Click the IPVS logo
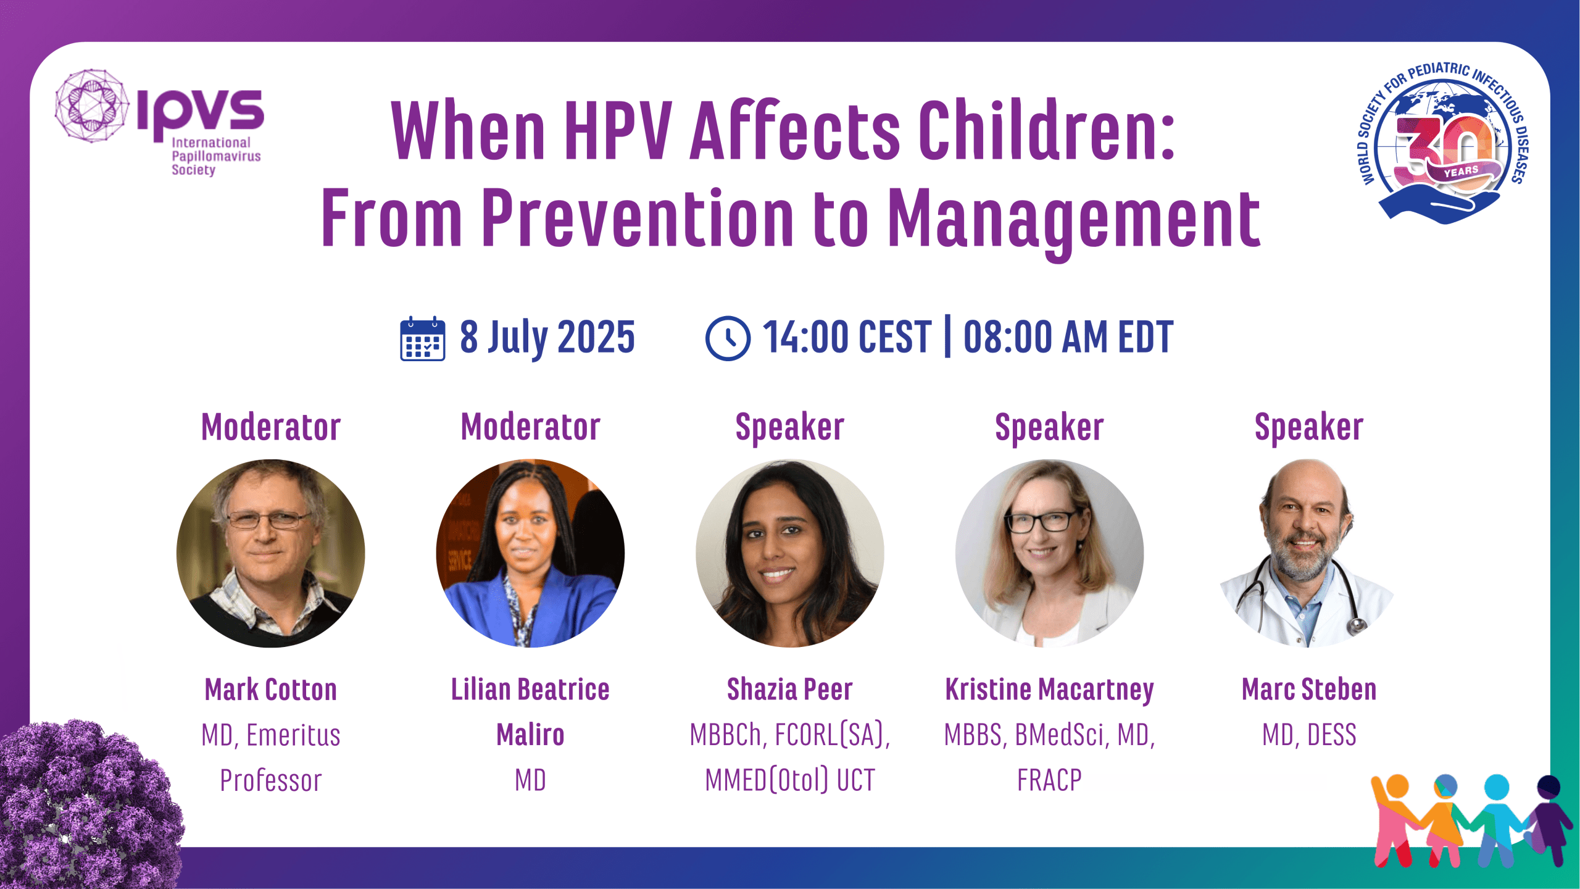(x=159, y=122)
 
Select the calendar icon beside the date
(x=422, y=338)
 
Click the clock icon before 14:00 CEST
(x=728, y=338)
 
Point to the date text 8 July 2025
(x=547, y=338)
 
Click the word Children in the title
(x=1047, y=131)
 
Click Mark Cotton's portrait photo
(x=270, y=553)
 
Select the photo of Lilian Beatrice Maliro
(x=530, y=553)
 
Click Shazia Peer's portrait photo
(x=790, y=553)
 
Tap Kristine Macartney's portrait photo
(x=1049, y=553)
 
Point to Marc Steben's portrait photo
(x=1308, y=553)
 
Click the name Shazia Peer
(x=790, y=690)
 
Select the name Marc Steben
(x=1309, y=690)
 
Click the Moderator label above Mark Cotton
(x=271, y=427)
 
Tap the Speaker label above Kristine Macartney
(x=1049, y=428)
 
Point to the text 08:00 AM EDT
(x=1068, y=338)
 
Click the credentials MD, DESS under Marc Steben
(x=1309, y=735)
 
